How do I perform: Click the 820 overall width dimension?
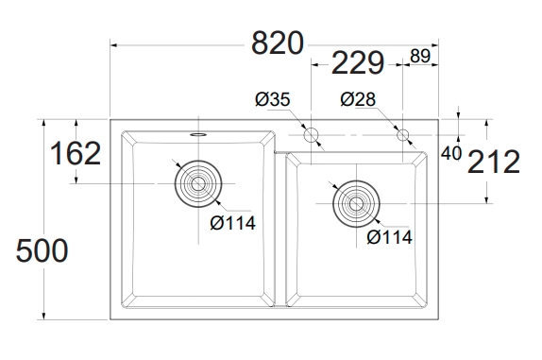coord(278,43)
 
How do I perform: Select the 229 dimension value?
coord(358,63)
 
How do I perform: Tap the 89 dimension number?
coord(420,56)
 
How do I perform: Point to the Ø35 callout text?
coord(273,99)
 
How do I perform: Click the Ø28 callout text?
coord(358,99)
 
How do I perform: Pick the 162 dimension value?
coord(76,154)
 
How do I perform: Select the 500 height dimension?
coord(42,250)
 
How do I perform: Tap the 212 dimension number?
coord(494,162)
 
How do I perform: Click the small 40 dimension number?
coord(451,154)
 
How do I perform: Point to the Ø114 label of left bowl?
coord(232,223)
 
